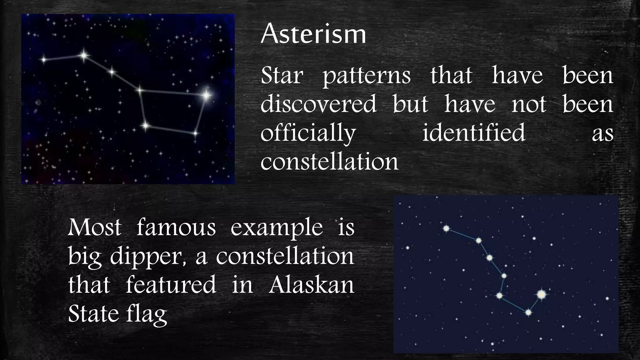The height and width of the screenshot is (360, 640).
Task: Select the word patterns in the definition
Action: coord(367,76)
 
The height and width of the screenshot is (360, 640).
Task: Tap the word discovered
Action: coord(318,104)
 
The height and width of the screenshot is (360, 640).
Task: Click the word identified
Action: coord(473,132)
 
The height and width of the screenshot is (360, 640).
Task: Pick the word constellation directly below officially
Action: coord(329,162)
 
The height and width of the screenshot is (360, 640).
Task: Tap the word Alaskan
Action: coord(311,285)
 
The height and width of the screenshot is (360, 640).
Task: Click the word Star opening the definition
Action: coord(282,76)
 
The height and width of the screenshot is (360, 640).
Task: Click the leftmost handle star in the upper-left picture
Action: coord(44,59)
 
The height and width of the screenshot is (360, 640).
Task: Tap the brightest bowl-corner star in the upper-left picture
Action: coord(206,95)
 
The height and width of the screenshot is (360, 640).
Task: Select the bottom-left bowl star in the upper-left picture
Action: coord(145,126)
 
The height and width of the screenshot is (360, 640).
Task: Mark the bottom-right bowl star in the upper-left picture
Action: coord(195,133)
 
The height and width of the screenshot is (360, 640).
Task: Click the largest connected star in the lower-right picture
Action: coord(542,294)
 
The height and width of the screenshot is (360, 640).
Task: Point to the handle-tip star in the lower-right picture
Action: coord(446,229)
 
